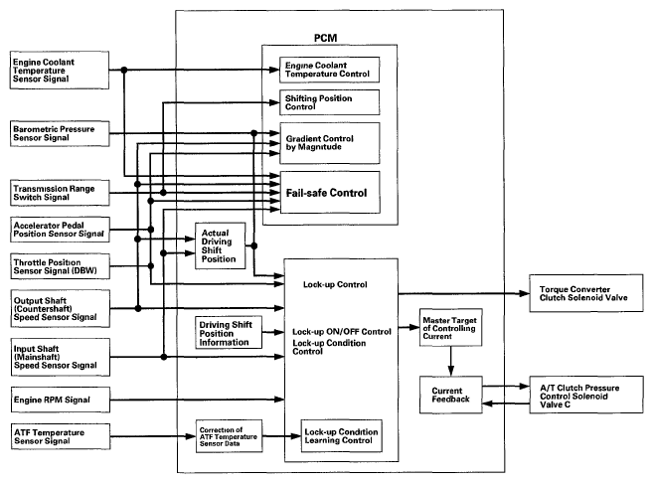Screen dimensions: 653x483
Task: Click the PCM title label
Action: pyautogui.click(x=325, y=38)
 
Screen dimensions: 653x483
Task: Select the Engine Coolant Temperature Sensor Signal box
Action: pyautogui.click(x=60, y=70)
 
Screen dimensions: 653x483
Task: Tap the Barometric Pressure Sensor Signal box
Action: pyautogui.click(x=60, y=133)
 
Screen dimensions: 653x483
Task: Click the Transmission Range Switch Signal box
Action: pyautogui.click(x=60, y=193)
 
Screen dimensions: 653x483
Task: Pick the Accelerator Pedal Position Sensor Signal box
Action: pyautogui.click(x=60, y=230)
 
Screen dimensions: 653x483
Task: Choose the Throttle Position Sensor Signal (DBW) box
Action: pyautogui.click(x=60, y=266)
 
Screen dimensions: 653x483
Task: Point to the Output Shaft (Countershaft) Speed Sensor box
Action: pyautogui.click(x=61, y=308)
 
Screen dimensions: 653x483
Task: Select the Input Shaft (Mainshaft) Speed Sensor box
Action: pyautogui.click(x=61, y=357)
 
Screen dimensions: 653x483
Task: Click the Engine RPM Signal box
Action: pyautogui.click(x=61, y=400)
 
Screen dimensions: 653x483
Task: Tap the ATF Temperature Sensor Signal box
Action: pyautogui.click(x=61, y=436)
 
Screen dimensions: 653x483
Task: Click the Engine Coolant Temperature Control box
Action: pyautogui.click(x=329, y=70)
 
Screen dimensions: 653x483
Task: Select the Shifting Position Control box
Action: pyautogui.click(x=329, y=102)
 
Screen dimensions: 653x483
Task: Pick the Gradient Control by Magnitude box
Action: pyautogui.click(x=330, y=143)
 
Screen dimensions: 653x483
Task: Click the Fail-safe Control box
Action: pyautogui.click(x=330, y=193)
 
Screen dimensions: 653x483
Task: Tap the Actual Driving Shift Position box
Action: pyautogui.click(x=221, y=245)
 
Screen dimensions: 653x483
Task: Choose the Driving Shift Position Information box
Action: pyautogui.click(x=229, y=332)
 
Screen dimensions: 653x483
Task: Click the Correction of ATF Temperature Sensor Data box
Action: pyautogui.click(x=229, y=436)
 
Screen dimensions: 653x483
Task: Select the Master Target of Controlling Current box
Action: pyautogui.click(x=450, y=327)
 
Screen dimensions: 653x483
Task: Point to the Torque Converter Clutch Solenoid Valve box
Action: pyautogui.click(x=586, y=293)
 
